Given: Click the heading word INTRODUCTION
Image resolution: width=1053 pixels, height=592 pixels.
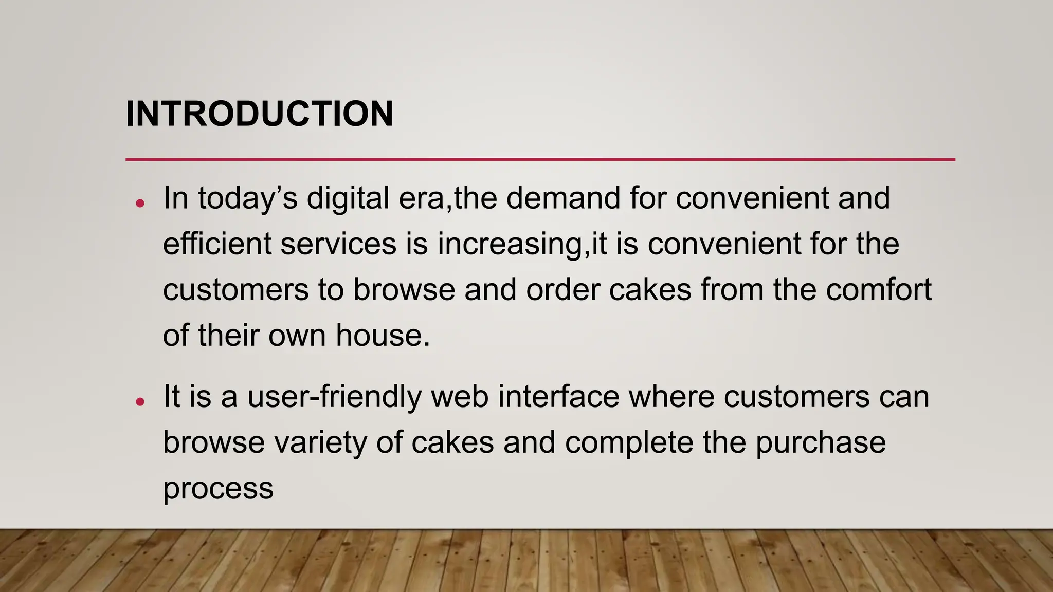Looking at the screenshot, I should (x=259, y=114).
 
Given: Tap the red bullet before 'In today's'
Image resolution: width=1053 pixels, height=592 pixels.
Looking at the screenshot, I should (x=140, y=203).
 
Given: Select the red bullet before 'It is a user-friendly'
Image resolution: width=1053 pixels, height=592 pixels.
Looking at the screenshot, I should (x=140, y=402).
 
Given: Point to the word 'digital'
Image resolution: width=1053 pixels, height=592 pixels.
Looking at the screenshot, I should (x=348, y=198).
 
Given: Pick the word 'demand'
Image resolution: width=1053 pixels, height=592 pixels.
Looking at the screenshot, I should (x=563, y=198).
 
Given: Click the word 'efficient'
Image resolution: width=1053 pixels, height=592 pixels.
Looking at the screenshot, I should (x=217, y=244).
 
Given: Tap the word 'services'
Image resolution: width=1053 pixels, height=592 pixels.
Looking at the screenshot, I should (x=338, y=244).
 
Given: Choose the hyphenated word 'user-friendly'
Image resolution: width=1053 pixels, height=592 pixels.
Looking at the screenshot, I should (x=334, y=397).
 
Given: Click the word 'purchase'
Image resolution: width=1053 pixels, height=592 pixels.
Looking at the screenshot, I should (x=821, y=442).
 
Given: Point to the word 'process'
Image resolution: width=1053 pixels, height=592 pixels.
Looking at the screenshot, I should (x=218, y=488).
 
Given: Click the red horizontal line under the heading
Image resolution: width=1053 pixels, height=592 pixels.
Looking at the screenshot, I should (x=540, y=160).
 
